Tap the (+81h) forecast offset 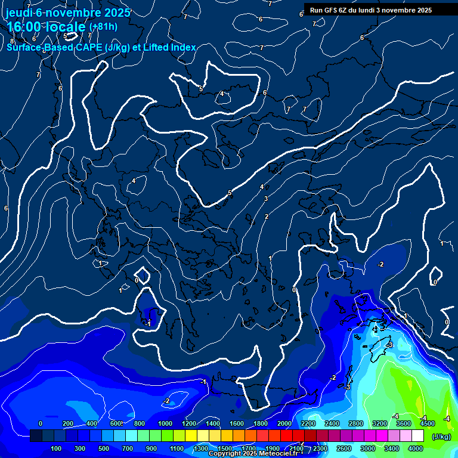click(103, 27)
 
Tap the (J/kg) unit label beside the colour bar click(442, 437)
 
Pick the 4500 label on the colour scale click(428, 423)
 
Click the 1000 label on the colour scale click(165, 423)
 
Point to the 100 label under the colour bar click(57, 448)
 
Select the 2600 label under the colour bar click(344, 448)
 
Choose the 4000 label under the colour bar click(416, 448)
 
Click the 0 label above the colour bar click(41, 423)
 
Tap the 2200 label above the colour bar click(308, 423)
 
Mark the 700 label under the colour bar click(128, 448)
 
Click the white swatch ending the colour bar click(417, 436)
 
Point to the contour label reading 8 click(11, 41)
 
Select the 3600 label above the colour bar click(404, 423)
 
